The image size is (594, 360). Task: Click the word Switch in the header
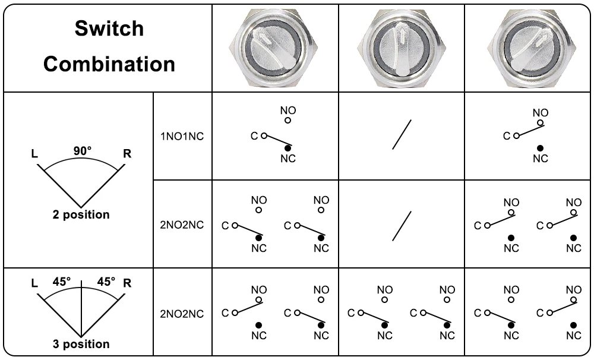(x=109, y=29)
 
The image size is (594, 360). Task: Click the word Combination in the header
(x=109, y=64)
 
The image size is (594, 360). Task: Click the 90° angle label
(x=83, y=151)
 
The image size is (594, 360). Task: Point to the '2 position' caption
(x=81, y=214)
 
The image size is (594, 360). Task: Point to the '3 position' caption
(x=81, y=344)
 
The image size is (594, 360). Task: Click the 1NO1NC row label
(x=182, y=136)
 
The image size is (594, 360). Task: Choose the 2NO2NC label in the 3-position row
(x=182, y=314)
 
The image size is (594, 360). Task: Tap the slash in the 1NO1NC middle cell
(x=402, y=135)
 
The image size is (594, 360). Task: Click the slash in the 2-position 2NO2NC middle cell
(x=402, y=226)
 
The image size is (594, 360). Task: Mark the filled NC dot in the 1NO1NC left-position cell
(x=288, y=147)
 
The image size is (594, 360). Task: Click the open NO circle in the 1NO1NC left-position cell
(x=288, y=121)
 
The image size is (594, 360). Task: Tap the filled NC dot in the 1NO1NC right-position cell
(x=540, y=147)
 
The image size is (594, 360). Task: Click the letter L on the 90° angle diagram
(x=34, y=154)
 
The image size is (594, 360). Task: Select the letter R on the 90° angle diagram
(x=127, y=154)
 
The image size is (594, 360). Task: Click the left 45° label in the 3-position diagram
(x=61, y=281)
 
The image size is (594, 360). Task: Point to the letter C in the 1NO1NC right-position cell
(x=507, y=136)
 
